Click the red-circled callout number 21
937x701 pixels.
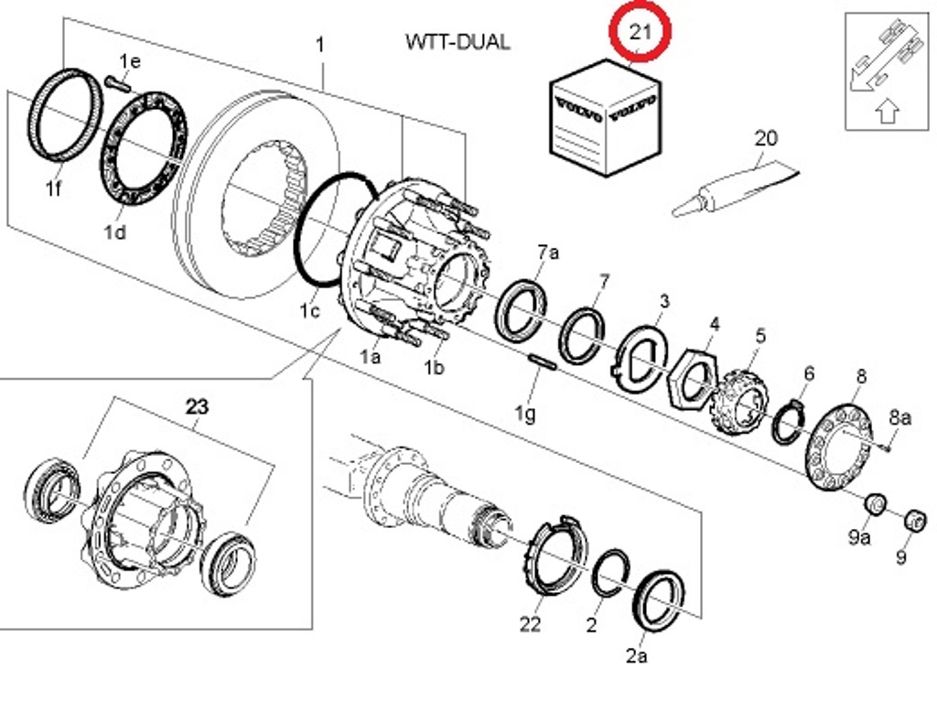[640, 30]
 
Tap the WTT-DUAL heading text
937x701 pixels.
[458, 42]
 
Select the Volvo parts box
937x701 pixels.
[605, 117]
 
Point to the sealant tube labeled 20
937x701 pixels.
[735, 189]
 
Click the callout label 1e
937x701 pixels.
[130, 61]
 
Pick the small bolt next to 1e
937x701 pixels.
[118, 83]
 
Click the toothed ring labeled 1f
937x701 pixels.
[65, 114]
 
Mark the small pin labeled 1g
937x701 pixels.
[543, 361]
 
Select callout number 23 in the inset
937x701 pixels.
[198, 407]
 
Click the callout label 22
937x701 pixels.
[530, 624]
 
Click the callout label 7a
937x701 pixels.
[548, 253]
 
